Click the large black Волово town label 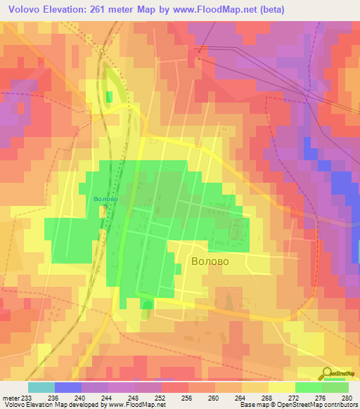pos(210,261)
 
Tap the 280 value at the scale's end pos(347,397)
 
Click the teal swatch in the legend pos(41,387)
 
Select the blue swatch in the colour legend pos(68,387)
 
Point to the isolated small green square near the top pos(109,96)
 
